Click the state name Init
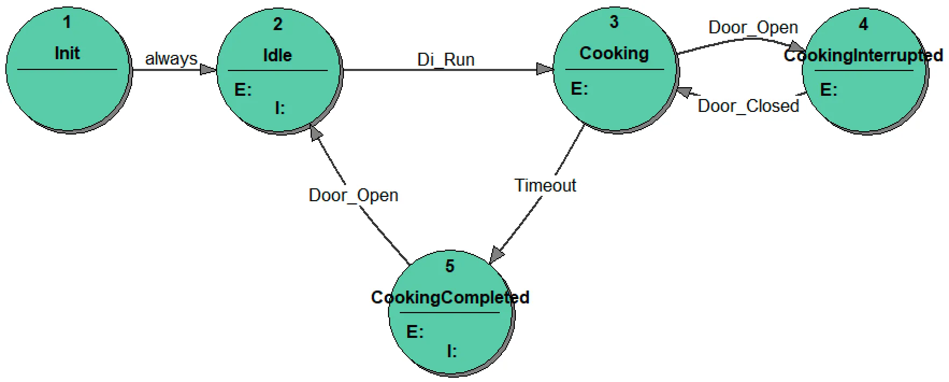(x=67, y=53)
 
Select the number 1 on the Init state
(x=67, y=22)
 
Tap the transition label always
(x=171, y=59)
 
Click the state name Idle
(x=277, y=55)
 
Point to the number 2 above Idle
(x=277, y=24)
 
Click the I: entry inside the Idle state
(x=280, y=108)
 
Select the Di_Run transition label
(x=445, y=60)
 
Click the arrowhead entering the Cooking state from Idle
(x=545, y=69)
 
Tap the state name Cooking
(x=614, y=53)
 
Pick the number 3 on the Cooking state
(x=614, y=22)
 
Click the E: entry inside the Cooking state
(x=579, y=89)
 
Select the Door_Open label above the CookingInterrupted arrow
(x=753, y=27)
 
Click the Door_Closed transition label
(x=748, y=106)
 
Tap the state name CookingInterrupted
(x=863, y=55)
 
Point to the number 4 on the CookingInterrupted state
(x=863, y=24)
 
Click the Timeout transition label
(x=545, y=186)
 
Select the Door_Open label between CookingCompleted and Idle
(x=353, y=195)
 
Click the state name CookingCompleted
(x=450, y=298)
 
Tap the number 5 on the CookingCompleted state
(x=450, y=266)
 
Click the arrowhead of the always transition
(x=208, y=69)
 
